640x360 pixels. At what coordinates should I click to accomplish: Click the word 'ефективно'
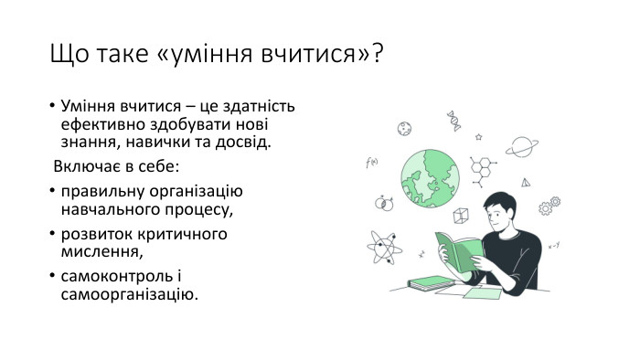pyautogui.click(x=96, y=124)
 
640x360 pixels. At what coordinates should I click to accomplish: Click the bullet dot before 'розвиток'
pyautogui.click(x=51, y=234)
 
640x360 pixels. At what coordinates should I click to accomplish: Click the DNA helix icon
pyautogui.click(x=453, y=121)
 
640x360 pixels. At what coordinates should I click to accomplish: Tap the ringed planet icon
pyautogui.click(x=523, y=146)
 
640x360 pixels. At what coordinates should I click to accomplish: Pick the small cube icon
pyautogui.click(x=462, y=216)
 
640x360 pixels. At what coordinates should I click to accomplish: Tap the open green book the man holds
pyautogui.click(x=457, y=250)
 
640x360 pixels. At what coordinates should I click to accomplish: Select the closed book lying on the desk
pyautogui.click(x=431, y=283)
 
